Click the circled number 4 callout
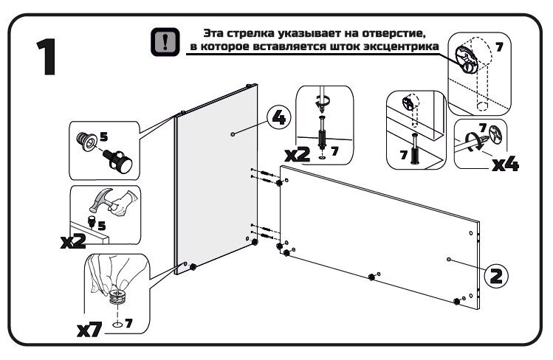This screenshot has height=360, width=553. click(278, 117)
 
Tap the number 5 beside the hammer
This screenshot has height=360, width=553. click(102, 226)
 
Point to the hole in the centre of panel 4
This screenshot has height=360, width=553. click(233, 134)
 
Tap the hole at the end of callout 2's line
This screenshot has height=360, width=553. click(449, 260)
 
